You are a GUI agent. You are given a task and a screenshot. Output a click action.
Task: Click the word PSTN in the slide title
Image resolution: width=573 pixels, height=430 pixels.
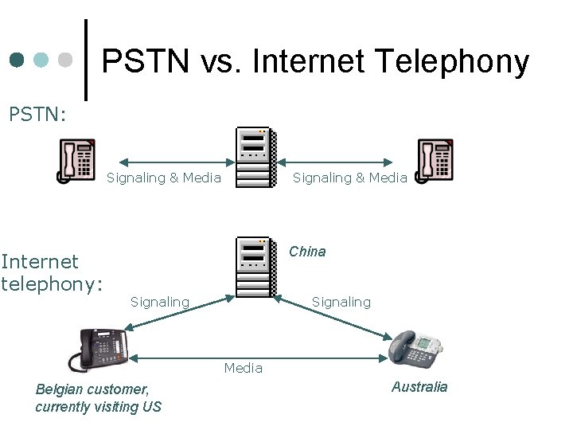click(145, 61)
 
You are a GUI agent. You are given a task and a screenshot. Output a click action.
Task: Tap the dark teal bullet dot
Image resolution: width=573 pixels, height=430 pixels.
click(18, 61)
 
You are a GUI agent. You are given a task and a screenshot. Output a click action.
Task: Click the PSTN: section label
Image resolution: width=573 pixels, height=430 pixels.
click(37, 115)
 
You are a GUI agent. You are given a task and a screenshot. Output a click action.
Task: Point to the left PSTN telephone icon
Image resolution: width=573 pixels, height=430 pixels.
click(76, 160)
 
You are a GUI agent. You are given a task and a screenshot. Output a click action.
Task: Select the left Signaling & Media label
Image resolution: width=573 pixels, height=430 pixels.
click(164, 178)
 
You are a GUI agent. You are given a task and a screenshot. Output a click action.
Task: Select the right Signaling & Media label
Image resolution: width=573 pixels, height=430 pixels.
click(349, 178)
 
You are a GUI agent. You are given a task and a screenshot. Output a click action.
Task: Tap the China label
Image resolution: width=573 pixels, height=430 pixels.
click(307, 252)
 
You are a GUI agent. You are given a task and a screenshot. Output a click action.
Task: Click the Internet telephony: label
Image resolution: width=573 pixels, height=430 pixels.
click(52, 273)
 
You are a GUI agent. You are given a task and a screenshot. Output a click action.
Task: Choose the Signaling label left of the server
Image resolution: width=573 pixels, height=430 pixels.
click(160, 302)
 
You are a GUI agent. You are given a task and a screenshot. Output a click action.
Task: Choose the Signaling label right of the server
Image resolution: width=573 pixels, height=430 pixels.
click(341, 302)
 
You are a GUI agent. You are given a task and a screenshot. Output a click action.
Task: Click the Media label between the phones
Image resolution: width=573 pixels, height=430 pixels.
click(243, 368)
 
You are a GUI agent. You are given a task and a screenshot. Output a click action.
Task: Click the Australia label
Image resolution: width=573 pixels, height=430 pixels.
click(419, 387)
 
